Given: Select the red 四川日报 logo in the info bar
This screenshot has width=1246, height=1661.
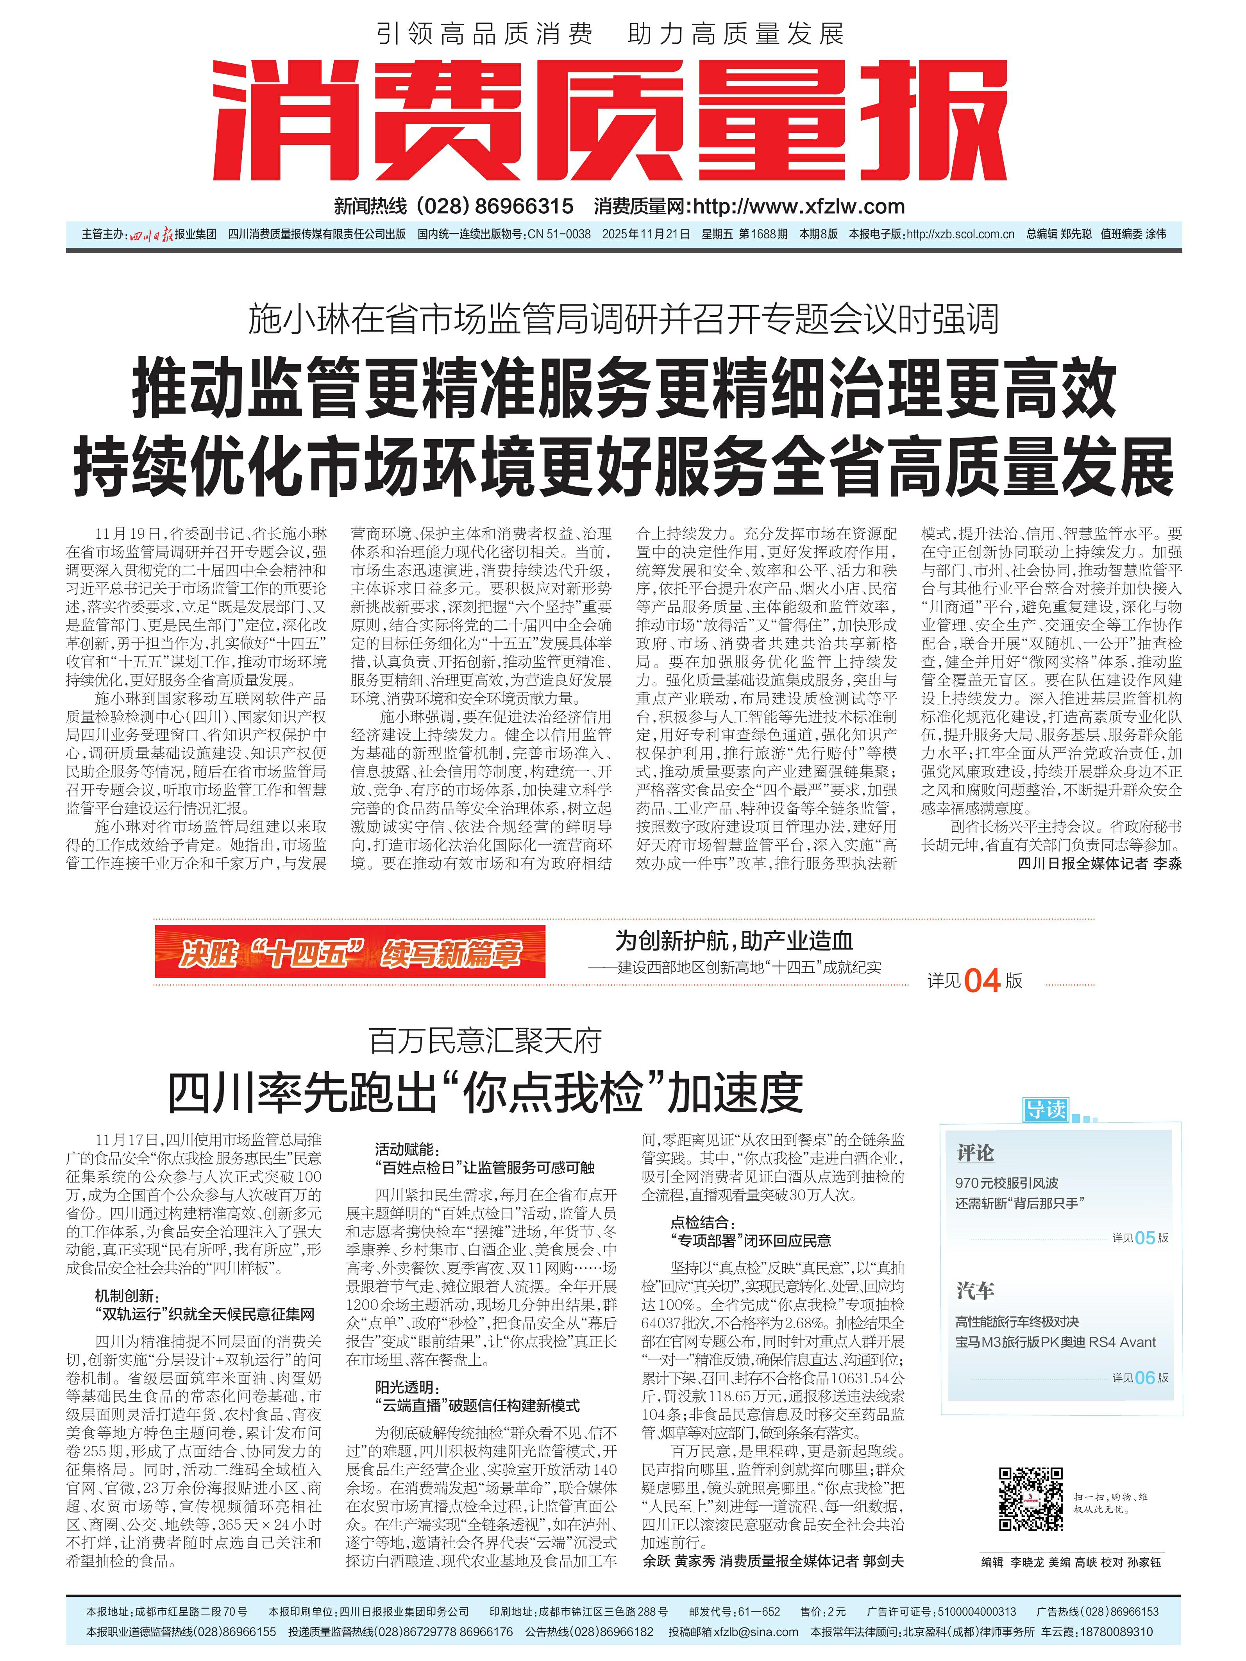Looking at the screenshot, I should (150, 234).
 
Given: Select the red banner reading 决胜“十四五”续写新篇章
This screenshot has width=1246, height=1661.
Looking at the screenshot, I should (350, 952).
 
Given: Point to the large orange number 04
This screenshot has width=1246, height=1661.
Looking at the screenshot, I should (981, 981).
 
